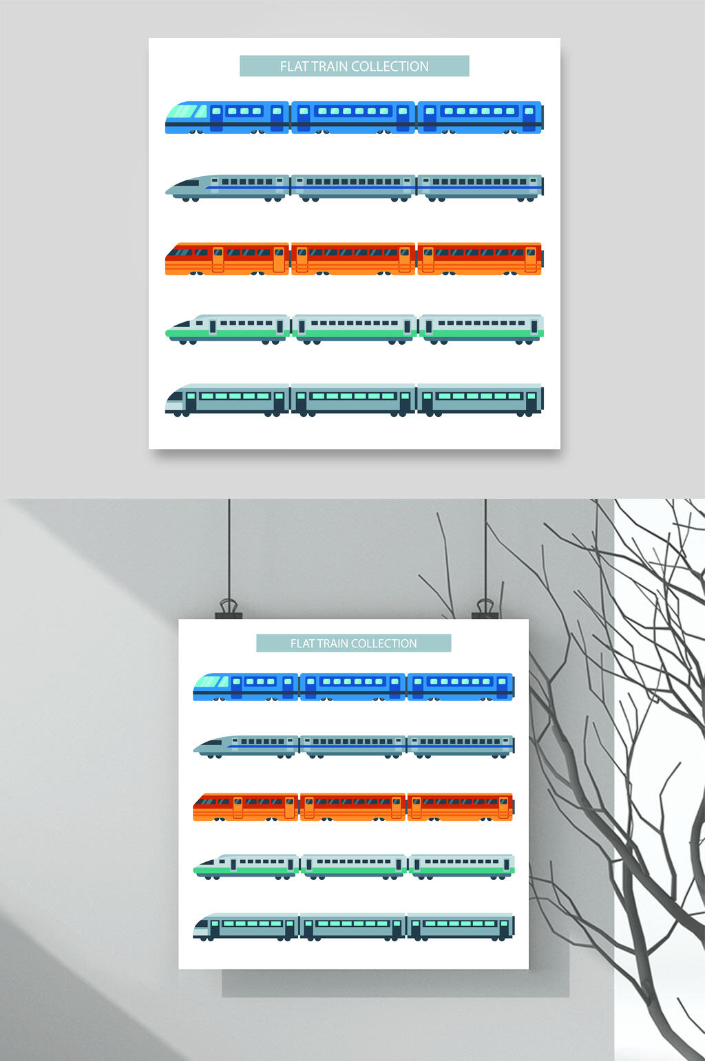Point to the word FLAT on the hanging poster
pyautogui.click(x=302, y=643)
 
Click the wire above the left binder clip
pyautogui.click(x=229, y=549)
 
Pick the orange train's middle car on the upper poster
pyautogui.click(x=353, y=259)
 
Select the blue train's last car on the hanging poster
pyautogui.click(x=461, y=686)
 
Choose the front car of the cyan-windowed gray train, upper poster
pyautogui.click(x=227, y=400)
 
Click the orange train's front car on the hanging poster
pyautogui.click(x=245, y=806)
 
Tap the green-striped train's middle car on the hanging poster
pyautogui.click(x=354, y=866)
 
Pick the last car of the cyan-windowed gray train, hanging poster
pyautogui.click(x=461, y=926)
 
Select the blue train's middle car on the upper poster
pyautogui.click(x=353, y=117)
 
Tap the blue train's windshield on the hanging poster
pyautogui.click(x=211, y=682)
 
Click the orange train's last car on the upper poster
pyautogui.click(x=480, y=259)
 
